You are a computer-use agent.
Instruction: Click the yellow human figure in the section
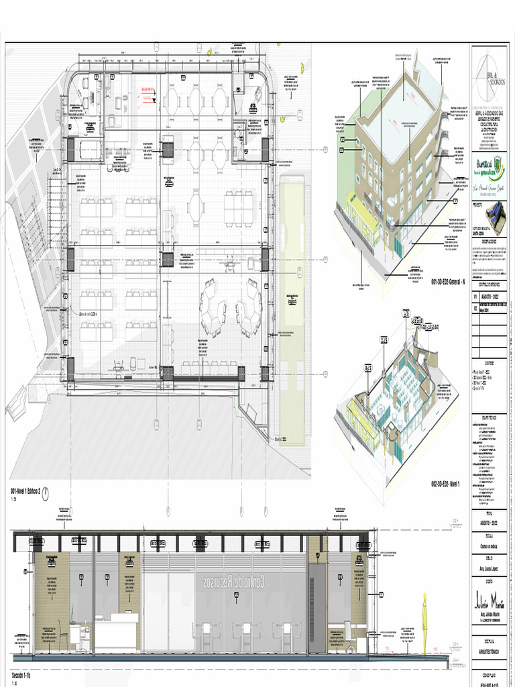point(424,620)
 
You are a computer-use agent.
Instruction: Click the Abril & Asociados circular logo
point(493,74)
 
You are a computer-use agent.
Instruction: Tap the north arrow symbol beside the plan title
point(46,491)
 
